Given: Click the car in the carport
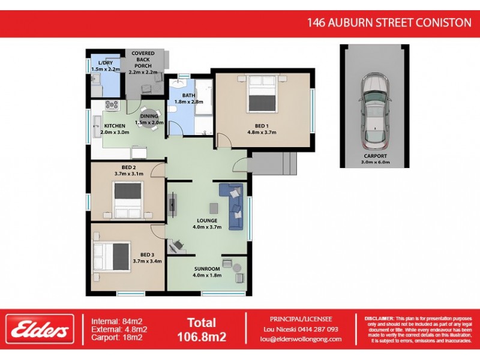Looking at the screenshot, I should [x=374, y=112].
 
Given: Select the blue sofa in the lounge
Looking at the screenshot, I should [x=232, y=206].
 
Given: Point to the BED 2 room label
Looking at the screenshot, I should [x=129, y=167].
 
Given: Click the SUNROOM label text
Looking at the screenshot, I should [x=208, y=269].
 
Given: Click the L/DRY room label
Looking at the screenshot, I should [x=106, y=63].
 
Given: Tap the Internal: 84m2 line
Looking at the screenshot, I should [x=116, y=319].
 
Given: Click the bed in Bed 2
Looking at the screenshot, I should [x=128, y=200].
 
